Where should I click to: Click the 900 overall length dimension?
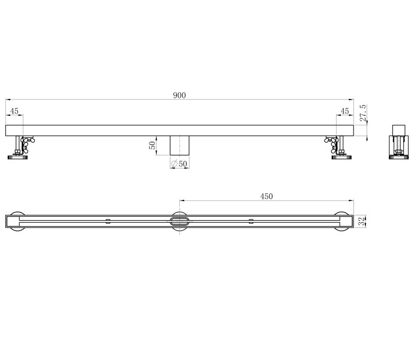click(x=180, y=95)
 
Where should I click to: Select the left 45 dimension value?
click(x=14, y=112)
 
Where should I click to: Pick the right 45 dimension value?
click(x=344, y=112)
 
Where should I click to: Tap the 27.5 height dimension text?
click(x=363, y=113)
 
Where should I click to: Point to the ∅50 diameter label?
click(x=179, y=164)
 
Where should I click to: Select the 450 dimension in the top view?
click(x=266, y=196)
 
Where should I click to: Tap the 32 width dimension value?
click(x=361, y=221)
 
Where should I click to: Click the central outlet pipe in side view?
click(x=180, y=145)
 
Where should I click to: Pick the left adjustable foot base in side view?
click(x=17, y=158)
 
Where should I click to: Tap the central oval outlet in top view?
click(x=180, y=221)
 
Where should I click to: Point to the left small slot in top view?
click(x=108, y=221)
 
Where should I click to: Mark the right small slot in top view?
click(x=251, y=221)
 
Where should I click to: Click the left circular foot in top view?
click(x=17, y=221)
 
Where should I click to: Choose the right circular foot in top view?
click(x=343, y=221)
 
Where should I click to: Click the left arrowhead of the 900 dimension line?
click(x=8, y=100)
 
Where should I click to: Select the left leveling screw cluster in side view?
click(x=28, y=144)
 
